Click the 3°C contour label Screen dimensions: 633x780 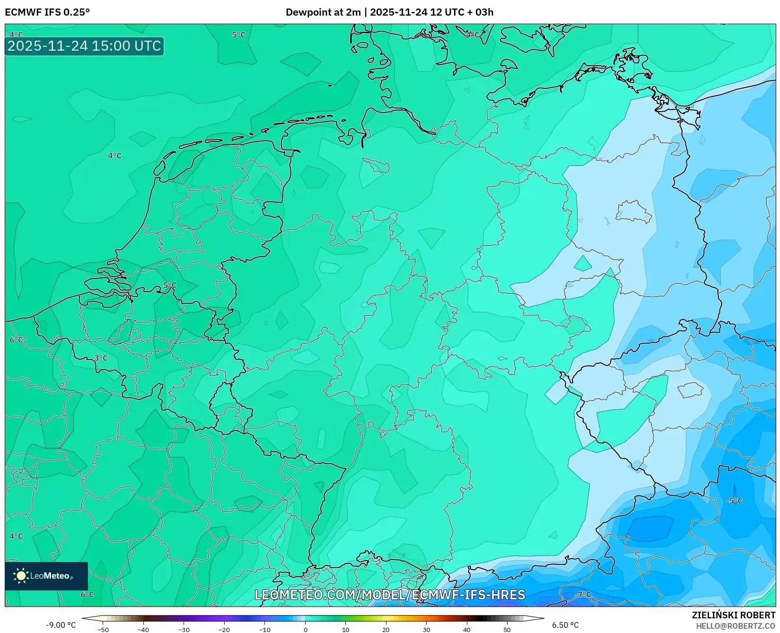[101, 358]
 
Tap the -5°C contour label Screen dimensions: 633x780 [735, 501]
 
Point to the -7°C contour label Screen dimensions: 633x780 [583, 595]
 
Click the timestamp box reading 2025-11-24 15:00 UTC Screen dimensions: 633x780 [84, 46]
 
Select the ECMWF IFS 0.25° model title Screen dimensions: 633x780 [47, 12]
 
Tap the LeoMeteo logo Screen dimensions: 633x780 [46, 576]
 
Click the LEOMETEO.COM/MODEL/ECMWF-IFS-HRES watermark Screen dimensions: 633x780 [390, 595]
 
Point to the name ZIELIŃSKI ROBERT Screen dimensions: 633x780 [734, 615]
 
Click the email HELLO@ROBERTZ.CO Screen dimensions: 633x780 [736, 626]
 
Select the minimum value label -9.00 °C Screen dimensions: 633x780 [61, 625]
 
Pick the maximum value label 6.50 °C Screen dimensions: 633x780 [565, 625]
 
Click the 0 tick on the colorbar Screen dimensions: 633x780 [305, 630]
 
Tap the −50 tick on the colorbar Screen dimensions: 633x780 [103, 630]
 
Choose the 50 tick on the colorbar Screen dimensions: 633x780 [507, 630]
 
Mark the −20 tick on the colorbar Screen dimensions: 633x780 [224, 630]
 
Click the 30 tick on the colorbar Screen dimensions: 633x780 [426, 630]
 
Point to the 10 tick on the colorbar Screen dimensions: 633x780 [345, 630]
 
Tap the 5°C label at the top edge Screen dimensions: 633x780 [238, 35]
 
